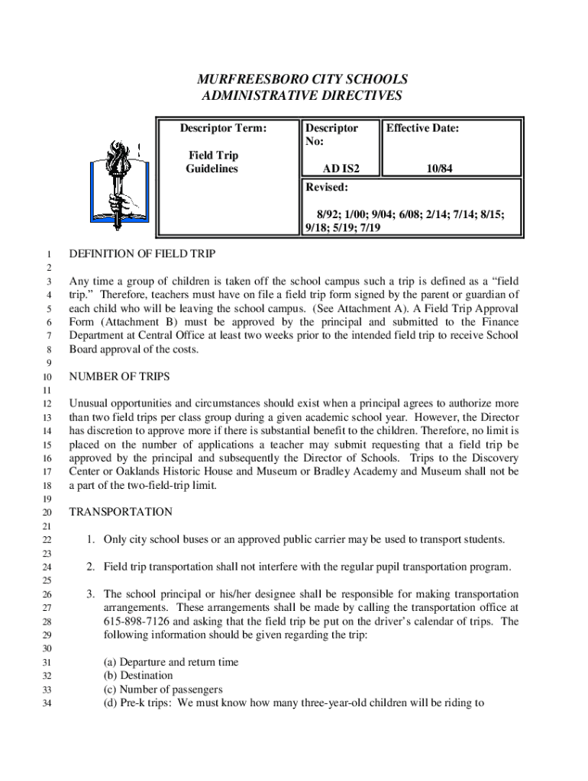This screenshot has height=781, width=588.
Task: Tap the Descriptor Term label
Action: (223, 128)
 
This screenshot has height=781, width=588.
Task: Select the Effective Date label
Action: (422, 128)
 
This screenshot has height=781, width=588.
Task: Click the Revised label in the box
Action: (327, 187)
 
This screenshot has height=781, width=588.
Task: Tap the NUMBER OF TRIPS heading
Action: (119, 377)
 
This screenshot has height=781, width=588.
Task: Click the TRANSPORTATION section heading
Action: (121, 512)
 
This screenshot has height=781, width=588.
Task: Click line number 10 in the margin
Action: (47, 378)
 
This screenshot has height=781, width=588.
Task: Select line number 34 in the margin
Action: (47, 703)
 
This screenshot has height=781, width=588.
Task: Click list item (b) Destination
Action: (138, 676)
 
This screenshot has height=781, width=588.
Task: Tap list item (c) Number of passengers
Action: (163, 689)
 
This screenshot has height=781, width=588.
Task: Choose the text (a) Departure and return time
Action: (171, 662)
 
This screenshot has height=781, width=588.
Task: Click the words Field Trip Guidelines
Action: (213, 162)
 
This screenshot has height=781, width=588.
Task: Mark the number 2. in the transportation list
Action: (90, 567)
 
